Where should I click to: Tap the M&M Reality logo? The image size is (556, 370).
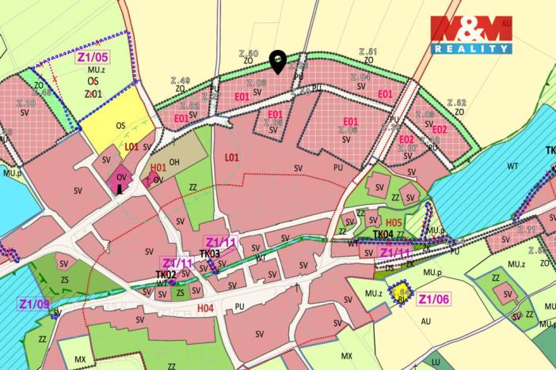[470, 35]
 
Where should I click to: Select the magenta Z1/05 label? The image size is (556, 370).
[93, 57]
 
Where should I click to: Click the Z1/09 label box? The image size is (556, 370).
[35, 303]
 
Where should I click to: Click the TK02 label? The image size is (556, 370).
[166, 274]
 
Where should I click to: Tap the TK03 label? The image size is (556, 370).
[209, 253]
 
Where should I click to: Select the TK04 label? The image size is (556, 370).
[383, 234]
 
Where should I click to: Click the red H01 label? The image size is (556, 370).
[158, 168]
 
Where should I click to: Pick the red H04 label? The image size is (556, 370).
[205, 308]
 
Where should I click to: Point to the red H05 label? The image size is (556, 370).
[394, 222]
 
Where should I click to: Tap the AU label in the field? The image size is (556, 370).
[425, 321]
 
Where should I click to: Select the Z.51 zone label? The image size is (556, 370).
[367, 52]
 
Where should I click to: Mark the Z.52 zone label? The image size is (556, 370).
[456, 102]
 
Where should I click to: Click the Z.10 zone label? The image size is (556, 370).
[25, 103]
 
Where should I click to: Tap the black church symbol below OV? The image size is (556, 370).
[120, 188]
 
